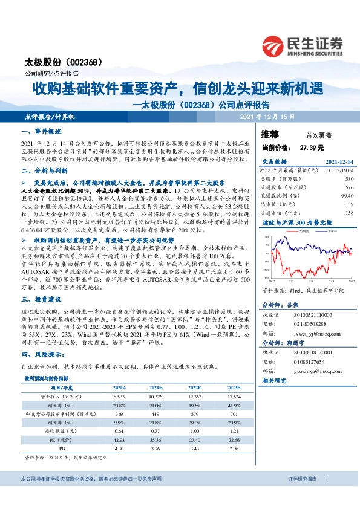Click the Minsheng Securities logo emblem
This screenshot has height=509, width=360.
(273, 45)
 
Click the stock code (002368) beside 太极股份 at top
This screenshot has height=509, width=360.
(84, 62)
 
